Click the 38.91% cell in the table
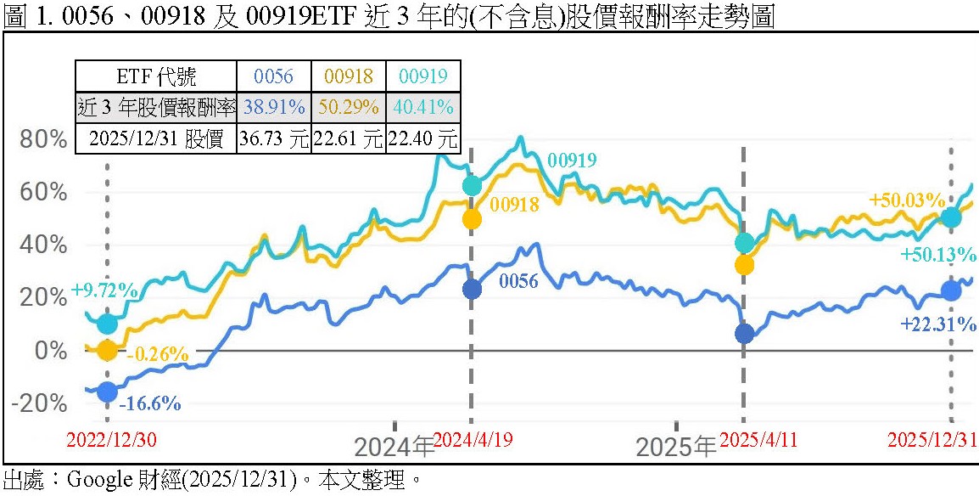[x=274, y=107]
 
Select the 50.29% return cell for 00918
[x=349, y=107]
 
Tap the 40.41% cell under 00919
[x=422, y=107]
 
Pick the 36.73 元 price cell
[x=274, y=138]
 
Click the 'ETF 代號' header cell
[x=156, y=76]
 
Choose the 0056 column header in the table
[x=274, y=76]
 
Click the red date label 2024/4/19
[x=473, y=440]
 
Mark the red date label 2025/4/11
[x=755, y=440]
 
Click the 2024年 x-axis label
[x=393, y=447]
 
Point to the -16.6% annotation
[x=149, y=403]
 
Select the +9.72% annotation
[x=104, y=290]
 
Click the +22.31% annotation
[x=938, y=324]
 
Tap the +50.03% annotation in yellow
[x=907, y=200]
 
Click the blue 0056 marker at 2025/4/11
[x=744, y=334]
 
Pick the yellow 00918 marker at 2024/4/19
[x=472, y=219]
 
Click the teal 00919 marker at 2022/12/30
[x=107, y=324]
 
